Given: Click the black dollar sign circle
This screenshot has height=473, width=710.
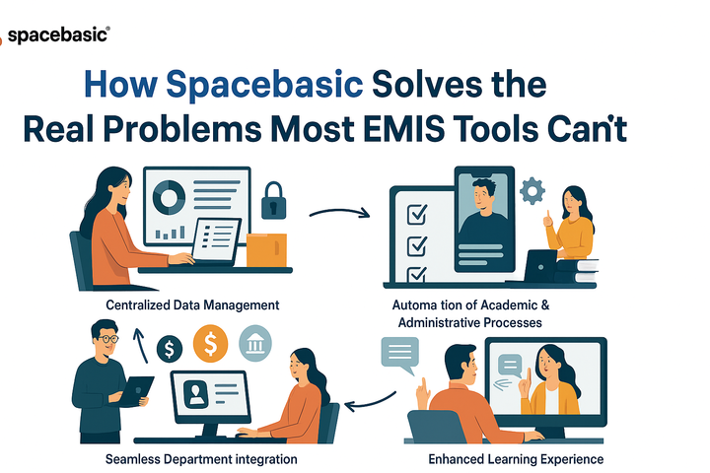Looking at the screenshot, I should pyautogui.click(x=171, y=347).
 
